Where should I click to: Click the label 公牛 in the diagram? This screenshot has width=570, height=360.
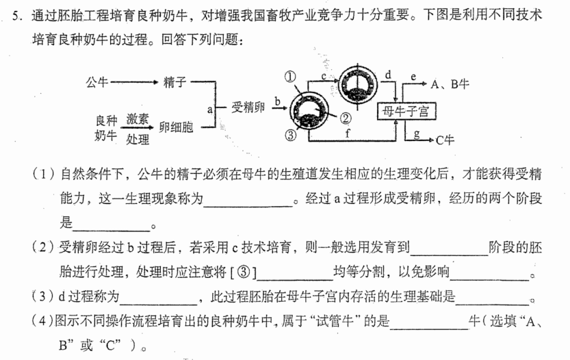click(x=96, y=82)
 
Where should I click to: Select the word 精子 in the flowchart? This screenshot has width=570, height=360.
click(x=175, y=82)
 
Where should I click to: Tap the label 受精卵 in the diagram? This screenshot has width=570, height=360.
click(x=248, y=107)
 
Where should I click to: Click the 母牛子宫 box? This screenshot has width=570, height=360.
click(x=406, y=112)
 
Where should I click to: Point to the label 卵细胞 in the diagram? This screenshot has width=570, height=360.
click(x=177, y=127)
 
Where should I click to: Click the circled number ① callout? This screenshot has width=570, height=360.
click(x=289, y=77)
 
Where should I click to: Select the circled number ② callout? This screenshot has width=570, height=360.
click(x=346, y=118)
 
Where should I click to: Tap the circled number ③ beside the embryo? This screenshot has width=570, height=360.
click(x=290, y=136)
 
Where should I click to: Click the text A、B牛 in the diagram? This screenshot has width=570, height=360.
click(x=450, y=84)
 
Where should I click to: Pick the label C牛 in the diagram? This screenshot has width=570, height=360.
click(x=445, y=140)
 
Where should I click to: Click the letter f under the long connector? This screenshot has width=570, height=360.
click(x=348, y=133)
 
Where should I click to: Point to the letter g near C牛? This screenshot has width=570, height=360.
click(x=417, y=134)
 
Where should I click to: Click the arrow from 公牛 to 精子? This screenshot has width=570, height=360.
click(x=134, y=82)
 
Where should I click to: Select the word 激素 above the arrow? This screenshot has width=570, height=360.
click(x=138, y=118)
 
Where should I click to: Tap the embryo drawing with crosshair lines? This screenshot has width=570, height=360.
click(x=358, y=85)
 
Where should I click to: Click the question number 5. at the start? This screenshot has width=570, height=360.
click(x=18, y=16)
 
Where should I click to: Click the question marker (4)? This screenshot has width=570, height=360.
click(x=42, y=321)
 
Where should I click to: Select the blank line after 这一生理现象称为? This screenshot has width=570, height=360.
click(x=248, y=207)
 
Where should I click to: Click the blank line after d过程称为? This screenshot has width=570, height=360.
click(x=159, y=305)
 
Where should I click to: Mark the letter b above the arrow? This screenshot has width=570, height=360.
click(x=277, y=101)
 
